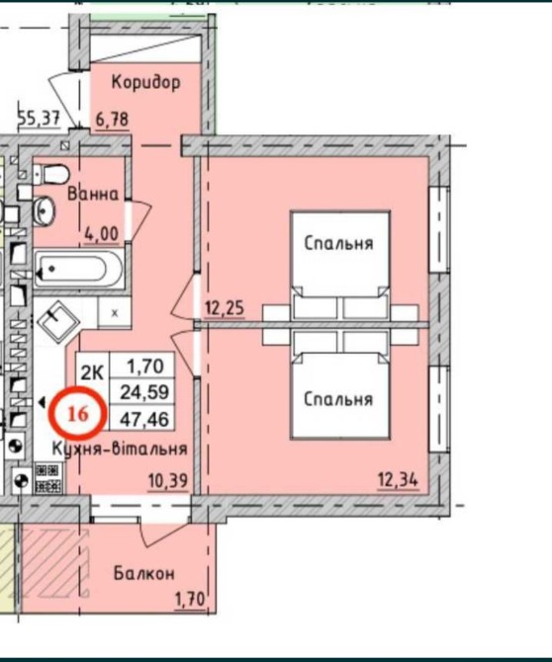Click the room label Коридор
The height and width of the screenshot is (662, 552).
145,82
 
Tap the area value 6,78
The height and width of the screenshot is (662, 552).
112,120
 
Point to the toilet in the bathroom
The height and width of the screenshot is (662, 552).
51,174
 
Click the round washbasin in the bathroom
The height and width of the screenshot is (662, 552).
44,209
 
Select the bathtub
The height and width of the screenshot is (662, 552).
78,269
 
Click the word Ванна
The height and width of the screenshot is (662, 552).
93,195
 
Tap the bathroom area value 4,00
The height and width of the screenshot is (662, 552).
102,233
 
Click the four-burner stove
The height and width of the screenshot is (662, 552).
48,478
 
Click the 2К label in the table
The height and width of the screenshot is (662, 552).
92,372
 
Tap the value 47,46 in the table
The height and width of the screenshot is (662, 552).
144,419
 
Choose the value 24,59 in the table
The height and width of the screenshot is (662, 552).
144,392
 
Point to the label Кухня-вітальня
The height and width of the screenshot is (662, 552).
120,449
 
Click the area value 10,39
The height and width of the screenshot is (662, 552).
168,481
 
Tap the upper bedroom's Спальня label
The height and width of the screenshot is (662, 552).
338,244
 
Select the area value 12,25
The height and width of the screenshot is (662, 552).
225,308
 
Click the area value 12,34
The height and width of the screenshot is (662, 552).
398,480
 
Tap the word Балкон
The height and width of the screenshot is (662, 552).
144,573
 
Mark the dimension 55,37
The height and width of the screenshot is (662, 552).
39,118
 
